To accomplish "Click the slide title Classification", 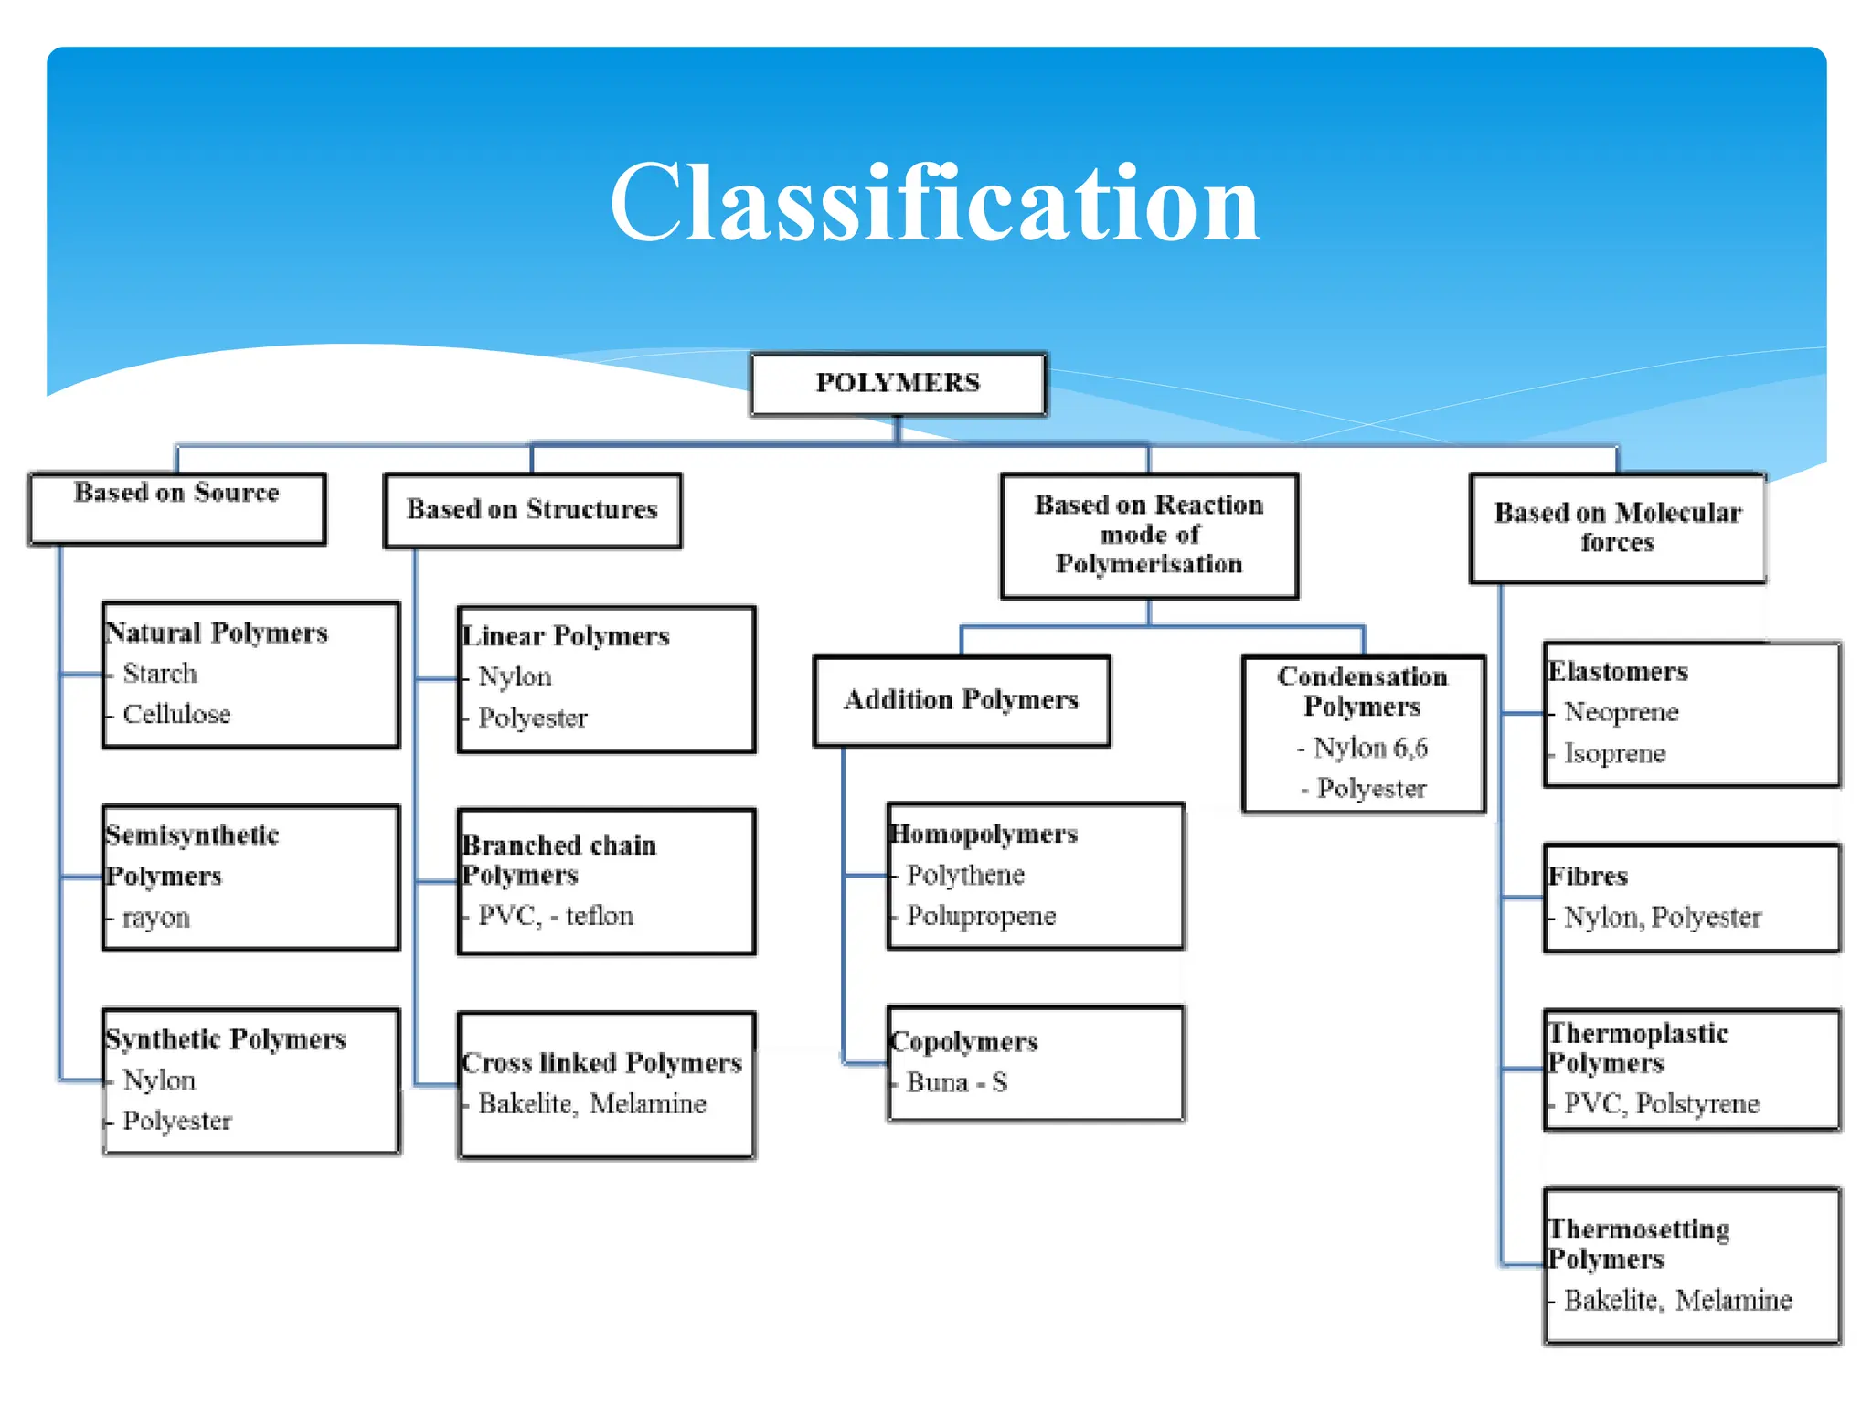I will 934,203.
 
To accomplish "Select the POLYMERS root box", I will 898,383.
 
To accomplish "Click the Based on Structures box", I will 532,509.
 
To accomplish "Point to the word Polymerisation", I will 1149,564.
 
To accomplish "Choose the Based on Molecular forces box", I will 1617,527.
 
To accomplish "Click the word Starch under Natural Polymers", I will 160,674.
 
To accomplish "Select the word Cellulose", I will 176,714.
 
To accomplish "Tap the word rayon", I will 156,917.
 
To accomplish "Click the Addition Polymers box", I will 961,700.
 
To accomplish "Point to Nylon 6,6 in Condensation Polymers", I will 1370,748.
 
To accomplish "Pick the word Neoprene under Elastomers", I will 1621,712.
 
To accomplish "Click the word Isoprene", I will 1614,753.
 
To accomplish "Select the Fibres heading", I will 1588,877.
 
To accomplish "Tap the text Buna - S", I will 956,1082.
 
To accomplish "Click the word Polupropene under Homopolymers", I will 981,916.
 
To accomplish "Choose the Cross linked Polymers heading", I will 601,1063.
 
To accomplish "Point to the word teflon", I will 599,916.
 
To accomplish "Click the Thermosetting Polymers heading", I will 1637,1243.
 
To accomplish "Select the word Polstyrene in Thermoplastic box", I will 1697,1103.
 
